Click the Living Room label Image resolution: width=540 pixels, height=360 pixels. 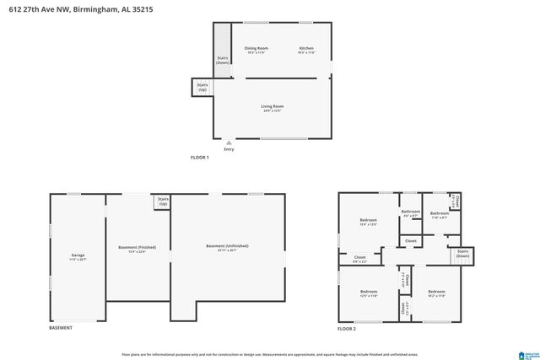[x=272, y=106]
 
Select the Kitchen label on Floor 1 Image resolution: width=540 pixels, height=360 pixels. [x=306, y=49]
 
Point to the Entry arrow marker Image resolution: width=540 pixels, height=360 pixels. [x=229, y=142]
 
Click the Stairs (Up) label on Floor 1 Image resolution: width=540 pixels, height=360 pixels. [x=202, y=87]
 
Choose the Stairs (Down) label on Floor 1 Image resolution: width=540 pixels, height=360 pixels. [x=222, y=61]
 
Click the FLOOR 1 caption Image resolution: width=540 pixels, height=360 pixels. [x=200, y=158]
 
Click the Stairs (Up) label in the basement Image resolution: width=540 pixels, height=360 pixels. [x=162, y=202]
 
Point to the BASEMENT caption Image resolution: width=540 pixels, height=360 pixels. [x=61, y=328]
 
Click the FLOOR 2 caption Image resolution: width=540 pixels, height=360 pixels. [x=348, y=328]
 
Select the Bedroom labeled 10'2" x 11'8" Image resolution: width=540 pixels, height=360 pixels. [x=436, y=292]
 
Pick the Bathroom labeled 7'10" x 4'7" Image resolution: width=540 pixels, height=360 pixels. [x=439, y=213]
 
